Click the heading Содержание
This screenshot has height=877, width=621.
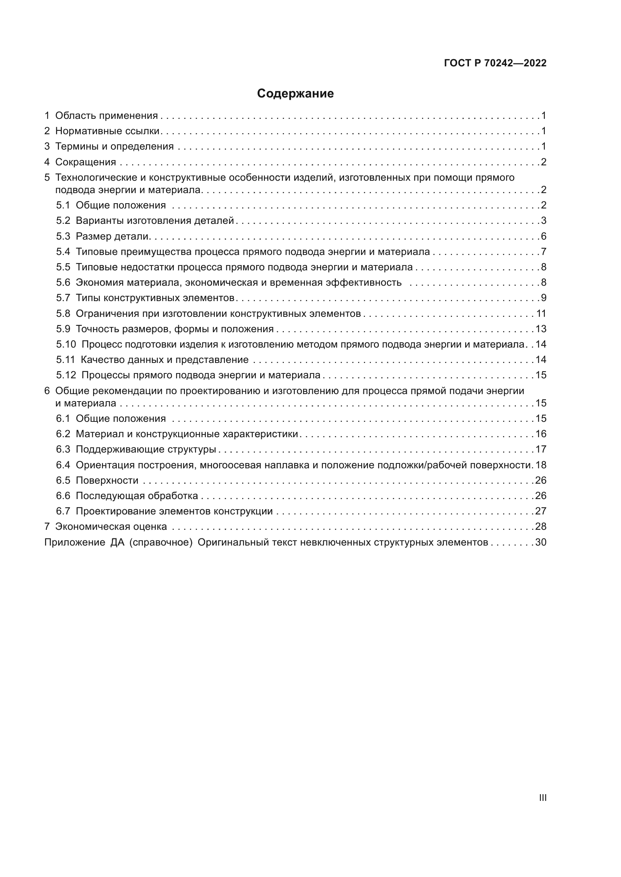[295, 94]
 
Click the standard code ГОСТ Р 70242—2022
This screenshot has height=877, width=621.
[495, 63]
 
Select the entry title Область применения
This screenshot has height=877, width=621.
[106, 116]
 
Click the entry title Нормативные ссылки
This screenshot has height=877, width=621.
[107, 131]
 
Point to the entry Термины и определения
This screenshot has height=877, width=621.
[115, 146]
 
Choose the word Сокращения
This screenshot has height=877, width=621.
[86, 162]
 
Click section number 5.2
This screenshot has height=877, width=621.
[63, 221]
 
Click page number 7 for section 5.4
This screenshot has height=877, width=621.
[544, 252]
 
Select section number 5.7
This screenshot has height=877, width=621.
[63, 298]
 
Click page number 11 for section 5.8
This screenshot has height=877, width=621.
[541, 313]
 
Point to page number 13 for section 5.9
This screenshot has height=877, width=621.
[541, 329]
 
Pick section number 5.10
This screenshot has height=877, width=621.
[66, 345]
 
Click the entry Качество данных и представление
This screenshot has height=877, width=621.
[164, 360]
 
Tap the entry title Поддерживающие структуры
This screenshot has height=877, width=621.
[146, 450]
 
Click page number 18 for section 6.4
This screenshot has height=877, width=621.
[541, 465]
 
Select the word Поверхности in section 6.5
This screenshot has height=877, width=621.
[107, 481]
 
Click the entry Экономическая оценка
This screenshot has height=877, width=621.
[111, 527]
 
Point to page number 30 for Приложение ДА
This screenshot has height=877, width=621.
[541, 543]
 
